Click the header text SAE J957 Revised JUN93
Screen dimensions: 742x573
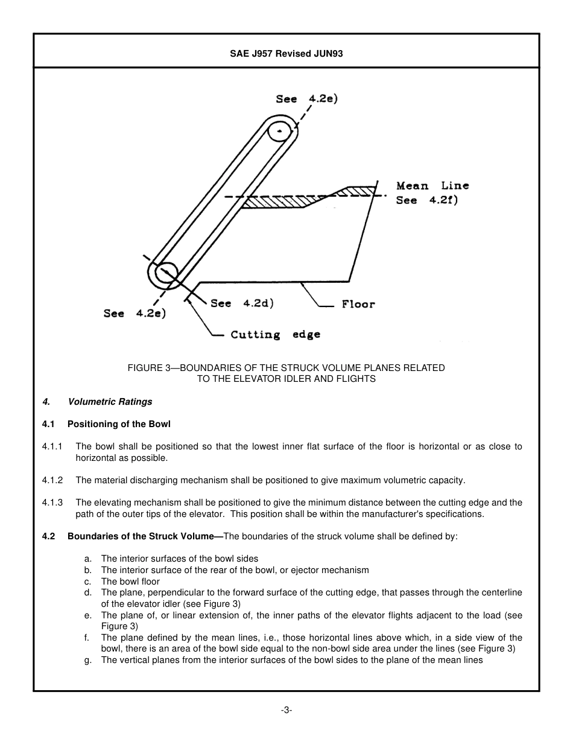[286, 54]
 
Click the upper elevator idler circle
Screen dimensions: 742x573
[280, 131]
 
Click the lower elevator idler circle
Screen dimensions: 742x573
[165, 274]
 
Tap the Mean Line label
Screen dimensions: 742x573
[432, 186]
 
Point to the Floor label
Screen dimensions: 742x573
[358, 304]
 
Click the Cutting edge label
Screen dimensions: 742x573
[275, 334]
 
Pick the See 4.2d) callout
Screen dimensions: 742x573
[242, 303]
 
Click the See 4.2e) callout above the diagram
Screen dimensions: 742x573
[306, 98]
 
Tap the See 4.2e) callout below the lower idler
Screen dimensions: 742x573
[134, 313]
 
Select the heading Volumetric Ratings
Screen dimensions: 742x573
[110, 402]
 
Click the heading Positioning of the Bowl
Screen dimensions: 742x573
[119, 424]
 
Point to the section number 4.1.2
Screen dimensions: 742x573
[52, 480]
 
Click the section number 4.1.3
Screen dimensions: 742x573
[52, 503]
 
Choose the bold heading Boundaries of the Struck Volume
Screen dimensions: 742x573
[141, 536]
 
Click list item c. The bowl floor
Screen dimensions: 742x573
[130, 582]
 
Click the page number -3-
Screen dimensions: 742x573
[286, 710]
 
